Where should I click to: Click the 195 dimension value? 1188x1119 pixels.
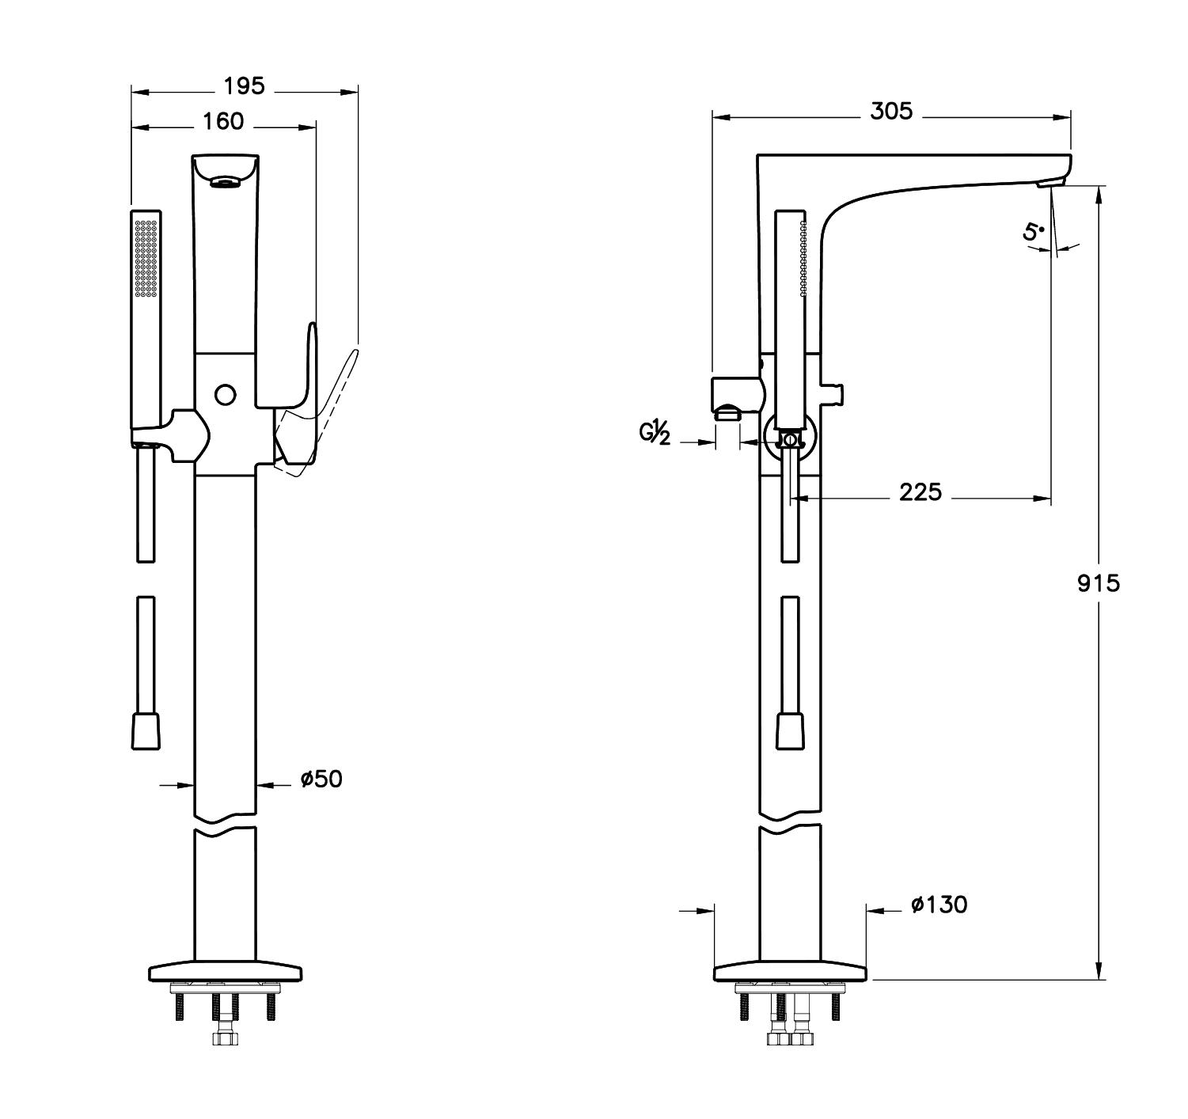(244, 85)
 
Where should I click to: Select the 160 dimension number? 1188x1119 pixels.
(223, 121)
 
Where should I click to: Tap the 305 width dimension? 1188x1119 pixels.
(891, 112)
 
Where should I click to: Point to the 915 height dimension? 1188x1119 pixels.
(1099, 584)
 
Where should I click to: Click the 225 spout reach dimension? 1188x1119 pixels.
(920, 493)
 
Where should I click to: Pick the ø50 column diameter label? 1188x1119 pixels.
(321, 780)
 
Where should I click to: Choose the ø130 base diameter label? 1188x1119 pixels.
(939, 905)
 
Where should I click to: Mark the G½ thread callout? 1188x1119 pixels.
(655, 434)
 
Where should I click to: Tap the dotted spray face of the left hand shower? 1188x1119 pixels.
(146, 258)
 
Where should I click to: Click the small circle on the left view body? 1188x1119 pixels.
(226, 394)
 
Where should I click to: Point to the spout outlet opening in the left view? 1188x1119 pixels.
(225, 184)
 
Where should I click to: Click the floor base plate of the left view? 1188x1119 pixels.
(225, 971)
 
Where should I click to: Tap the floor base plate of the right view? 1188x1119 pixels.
(790, 971)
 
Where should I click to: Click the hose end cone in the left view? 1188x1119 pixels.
(145, 729)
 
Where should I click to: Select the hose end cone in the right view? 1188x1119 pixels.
(790, 729)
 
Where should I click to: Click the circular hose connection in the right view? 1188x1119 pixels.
(789, 440)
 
